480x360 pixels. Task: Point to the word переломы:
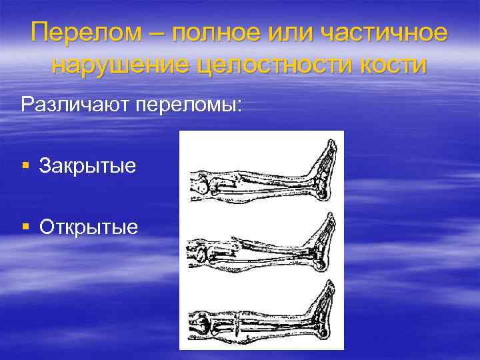click(186, 105)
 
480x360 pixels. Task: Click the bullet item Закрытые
click(87, 165)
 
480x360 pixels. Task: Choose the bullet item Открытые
click(89, 227)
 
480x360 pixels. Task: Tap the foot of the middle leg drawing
click(325, 237)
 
